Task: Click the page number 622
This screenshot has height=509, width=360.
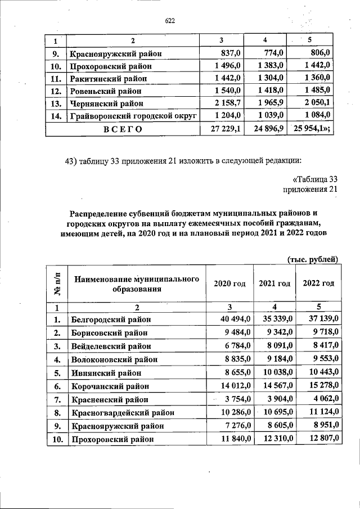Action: [170, 21]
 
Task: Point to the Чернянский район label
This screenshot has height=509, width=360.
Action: [107, 103]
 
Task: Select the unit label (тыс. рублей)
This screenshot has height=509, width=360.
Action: [312, 259]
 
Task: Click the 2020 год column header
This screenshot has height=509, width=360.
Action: [229, 284]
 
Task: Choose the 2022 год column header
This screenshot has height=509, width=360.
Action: [318, 284]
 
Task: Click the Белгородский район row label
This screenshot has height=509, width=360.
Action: [111, 320]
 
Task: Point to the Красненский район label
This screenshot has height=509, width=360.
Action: [109, 400]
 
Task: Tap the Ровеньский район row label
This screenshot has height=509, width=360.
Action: [106, 91]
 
